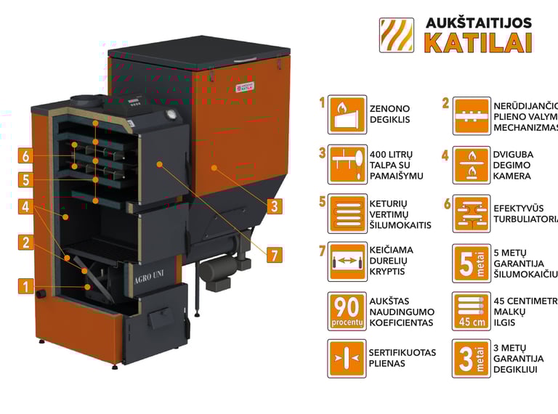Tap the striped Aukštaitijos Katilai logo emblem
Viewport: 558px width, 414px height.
coord(397,36)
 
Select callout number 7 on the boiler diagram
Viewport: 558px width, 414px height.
coord(273,255)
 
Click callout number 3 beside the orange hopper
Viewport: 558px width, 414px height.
coord(273,206)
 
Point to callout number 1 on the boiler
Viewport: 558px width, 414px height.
coord(26,287)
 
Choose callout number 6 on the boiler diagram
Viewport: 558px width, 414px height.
coord(26,155)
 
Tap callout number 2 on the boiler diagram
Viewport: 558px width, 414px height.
coord(26,243)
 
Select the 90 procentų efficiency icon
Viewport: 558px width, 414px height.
coord(347,311)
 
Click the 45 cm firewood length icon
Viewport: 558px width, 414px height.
coord(471,311)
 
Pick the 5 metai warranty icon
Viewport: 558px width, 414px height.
coord(471,261)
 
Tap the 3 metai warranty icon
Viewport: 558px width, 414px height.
coord(471,359)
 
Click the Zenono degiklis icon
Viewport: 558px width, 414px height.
coord(347,114)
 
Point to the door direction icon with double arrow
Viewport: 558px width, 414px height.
coord(347,261)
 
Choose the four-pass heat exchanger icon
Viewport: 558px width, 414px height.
coord(347,213)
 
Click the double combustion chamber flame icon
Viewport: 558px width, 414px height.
coord(471,164)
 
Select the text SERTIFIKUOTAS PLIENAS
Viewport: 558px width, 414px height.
coord(402,358)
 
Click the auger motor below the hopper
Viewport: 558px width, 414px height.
coord(216,270)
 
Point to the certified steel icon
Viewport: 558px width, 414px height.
coord(347,359)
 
